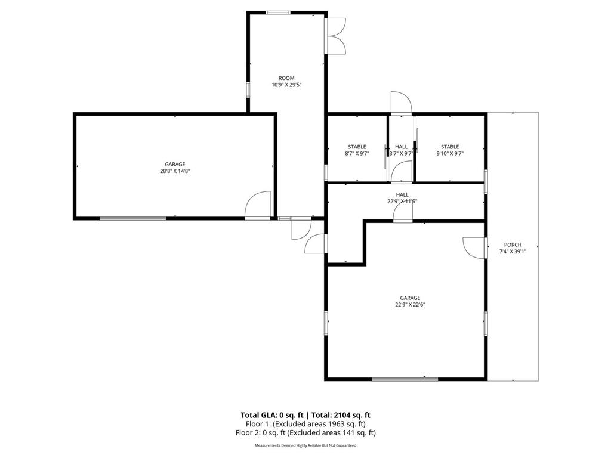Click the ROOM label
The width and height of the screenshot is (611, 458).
coord(286,78)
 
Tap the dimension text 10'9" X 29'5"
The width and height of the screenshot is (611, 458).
coord(286,85)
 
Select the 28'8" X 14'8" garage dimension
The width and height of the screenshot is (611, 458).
coord(175,171)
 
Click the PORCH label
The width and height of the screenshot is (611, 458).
coord(513,245)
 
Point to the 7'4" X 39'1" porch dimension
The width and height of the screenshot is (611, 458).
coord(513,252)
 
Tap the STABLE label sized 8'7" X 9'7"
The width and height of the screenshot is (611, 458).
coord(357,147)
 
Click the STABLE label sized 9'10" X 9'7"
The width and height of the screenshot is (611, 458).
coord(450,147)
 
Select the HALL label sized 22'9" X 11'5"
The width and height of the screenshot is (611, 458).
coord(402,194)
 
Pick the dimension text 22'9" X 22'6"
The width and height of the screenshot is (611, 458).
coord(410,305)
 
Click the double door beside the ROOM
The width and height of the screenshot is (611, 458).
coord(336,36)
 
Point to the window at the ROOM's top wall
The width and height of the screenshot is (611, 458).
coord(278,13)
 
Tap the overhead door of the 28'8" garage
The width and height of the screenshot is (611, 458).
coord(132,219)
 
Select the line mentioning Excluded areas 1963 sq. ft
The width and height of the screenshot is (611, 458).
coord(305,424)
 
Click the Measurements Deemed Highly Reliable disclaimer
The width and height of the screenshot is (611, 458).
coord(305,445)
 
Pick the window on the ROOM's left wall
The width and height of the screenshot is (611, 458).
coord(249,89)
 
